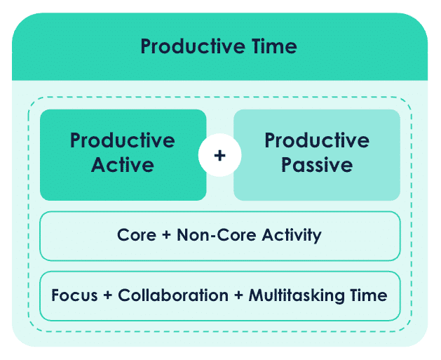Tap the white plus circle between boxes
219,155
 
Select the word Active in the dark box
123,165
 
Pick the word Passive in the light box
317,165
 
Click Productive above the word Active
123,140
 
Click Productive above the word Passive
317,140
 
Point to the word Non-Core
216,235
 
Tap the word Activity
292,235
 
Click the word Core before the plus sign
137,235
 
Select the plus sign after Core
166,235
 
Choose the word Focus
74,295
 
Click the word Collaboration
173,295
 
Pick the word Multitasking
297,296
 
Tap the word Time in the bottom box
369,295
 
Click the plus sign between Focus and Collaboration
108,295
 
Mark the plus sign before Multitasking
238,295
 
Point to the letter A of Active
98,165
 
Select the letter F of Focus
55,295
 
